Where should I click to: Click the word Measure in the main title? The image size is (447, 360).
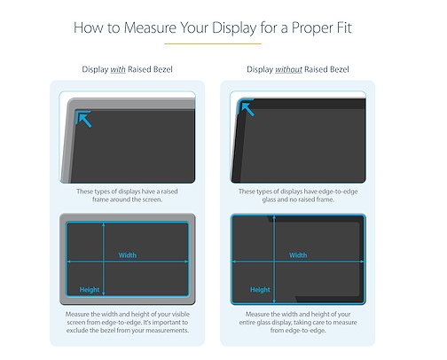[x=150, y=27]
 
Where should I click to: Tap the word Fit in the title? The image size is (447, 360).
[x=344, y=27]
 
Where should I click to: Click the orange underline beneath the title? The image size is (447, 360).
[x=213, y=43]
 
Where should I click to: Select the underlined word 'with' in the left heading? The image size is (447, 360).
[x=118, y=69]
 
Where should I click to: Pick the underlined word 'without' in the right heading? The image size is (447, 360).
[x=288, y=69]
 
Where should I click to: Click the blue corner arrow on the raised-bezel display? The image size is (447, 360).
[x=83, y=119]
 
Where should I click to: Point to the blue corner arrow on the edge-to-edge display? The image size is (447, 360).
[x=247, y=107]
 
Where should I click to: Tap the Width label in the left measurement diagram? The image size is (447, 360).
[x=128, y=255]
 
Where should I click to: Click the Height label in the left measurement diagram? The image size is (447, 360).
[x=90, y=290]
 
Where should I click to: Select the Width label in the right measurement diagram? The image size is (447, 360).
[x=298, y=255]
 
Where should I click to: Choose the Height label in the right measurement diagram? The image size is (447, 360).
[x=260, y=290]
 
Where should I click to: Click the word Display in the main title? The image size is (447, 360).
[x=234, y=28]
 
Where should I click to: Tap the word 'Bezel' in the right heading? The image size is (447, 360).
[x=339, y=69]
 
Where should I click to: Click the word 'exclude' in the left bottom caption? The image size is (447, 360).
[x=77, y=330]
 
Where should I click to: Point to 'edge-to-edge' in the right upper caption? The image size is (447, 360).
[x=340, y=192]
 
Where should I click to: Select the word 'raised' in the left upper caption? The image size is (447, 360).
[x=169, y=192]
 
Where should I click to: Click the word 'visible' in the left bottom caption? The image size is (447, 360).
[x=180, y=314]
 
